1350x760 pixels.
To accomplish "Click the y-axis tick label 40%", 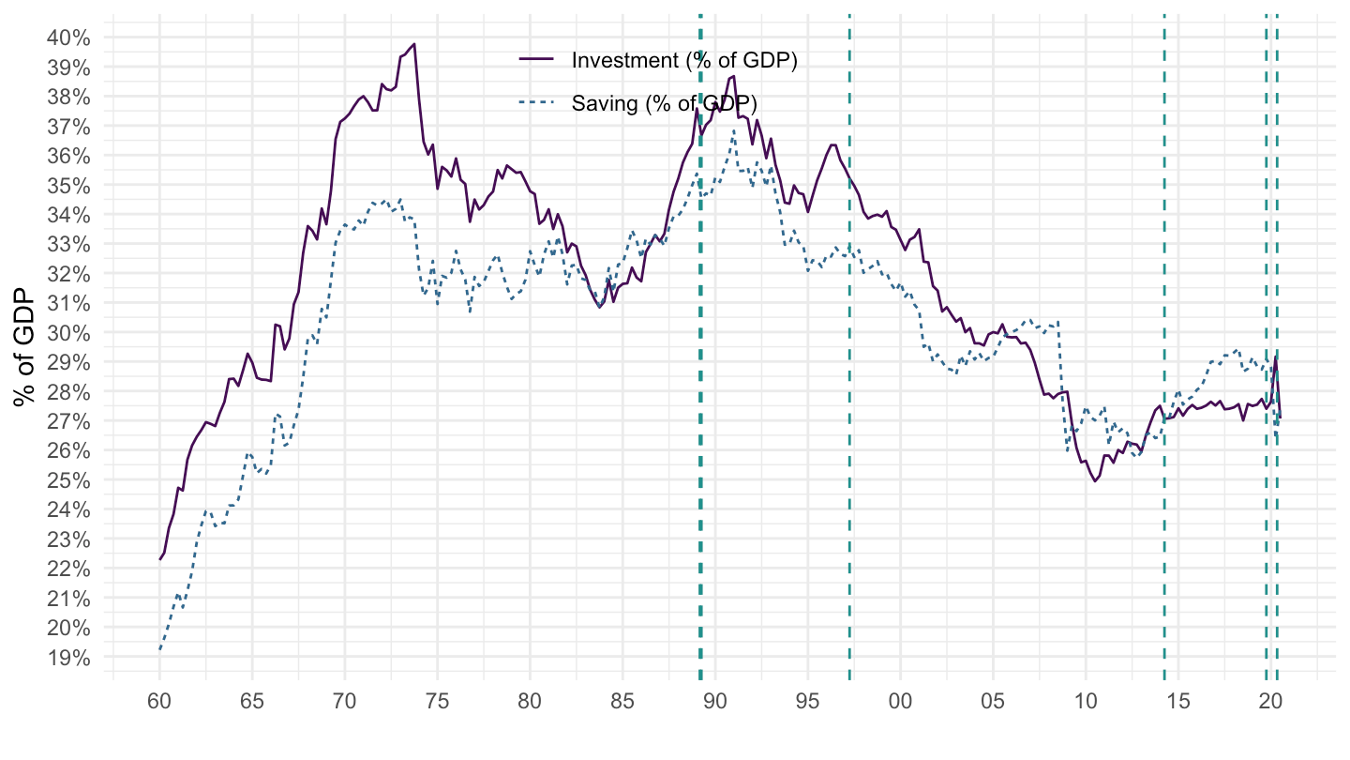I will coord(67,38).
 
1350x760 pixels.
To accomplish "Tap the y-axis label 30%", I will coord(67,333).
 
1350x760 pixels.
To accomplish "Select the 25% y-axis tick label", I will coord(67,480).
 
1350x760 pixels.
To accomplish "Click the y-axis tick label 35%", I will coord(67,186).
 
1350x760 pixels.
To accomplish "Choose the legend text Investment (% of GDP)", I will coord(683,60).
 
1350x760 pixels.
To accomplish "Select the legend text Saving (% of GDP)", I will coord(664,102).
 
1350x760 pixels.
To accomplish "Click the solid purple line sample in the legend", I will coord(537,60).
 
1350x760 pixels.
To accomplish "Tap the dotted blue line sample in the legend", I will coord(537,102).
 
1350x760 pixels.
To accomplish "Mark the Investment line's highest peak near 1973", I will coord(413,43).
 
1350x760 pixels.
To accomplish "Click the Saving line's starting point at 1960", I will coord(159,649).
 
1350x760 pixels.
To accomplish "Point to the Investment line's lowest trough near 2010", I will coord(1095,481).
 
